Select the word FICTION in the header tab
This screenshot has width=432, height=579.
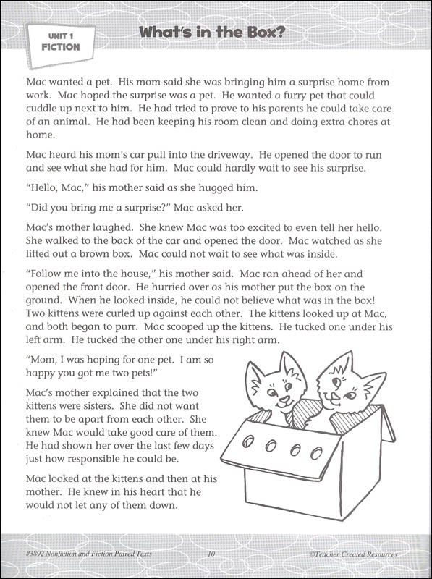click(60, 47)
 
